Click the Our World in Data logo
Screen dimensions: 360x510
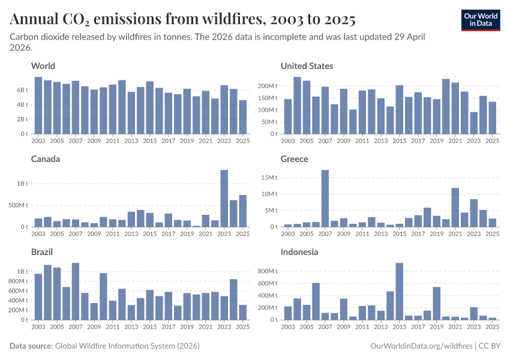click(x=481, y=20)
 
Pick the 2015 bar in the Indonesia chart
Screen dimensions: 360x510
click(x=399, y=291)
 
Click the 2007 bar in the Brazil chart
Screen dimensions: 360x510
click(x=76, y=291)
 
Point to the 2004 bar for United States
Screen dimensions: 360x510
click(x=297, y=106)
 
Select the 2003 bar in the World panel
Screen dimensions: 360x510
click(x=38, y=106)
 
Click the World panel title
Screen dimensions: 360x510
click(x=43, y=66)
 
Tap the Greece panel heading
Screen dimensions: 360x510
click(x=295, y=159)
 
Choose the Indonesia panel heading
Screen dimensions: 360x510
click(x=300, y=252)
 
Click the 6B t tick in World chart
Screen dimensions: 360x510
click(x=23, y=90)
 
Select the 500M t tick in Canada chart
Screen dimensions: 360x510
click(x=19, y=205)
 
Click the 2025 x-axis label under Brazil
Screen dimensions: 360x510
click(x=242, y=328)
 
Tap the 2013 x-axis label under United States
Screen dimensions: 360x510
click(x=380, y=142)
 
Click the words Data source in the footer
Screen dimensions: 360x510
click(x=31, y=346)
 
